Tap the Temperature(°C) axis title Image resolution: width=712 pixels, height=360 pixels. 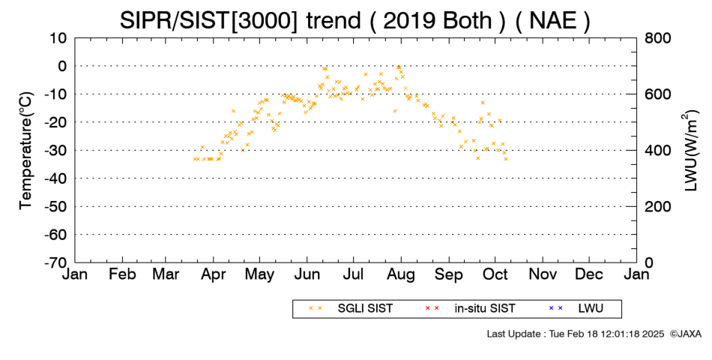26,151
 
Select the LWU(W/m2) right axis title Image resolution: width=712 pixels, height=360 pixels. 688,151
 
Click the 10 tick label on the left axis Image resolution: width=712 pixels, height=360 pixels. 58,38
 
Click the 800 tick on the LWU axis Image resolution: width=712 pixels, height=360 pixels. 657,38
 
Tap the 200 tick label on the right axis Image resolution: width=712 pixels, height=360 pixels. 657,206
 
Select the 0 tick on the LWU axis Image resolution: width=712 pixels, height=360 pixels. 649,262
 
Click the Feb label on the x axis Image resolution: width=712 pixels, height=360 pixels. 122,274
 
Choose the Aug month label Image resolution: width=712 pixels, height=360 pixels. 401,275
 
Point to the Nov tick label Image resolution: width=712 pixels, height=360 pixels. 543,274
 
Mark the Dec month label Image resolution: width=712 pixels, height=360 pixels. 589,274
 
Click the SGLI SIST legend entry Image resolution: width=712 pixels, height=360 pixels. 365,309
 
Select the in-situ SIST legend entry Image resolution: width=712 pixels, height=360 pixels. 485,309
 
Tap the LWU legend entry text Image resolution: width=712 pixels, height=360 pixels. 591,309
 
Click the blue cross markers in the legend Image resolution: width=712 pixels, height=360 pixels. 556,308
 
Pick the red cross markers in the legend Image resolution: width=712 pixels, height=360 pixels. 432,308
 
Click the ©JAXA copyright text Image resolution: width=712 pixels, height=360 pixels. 685,334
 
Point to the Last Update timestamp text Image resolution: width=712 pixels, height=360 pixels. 576,334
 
